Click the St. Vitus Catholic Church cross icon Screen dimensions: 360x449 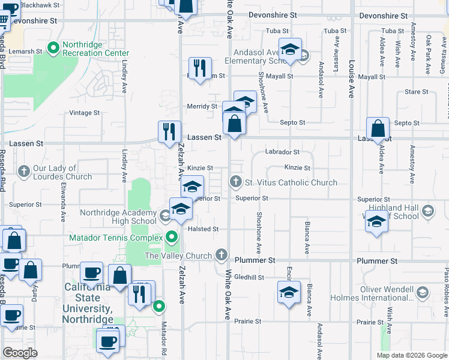coord(236,181)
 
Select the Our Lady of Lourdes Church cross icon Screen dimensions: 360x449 coord(24,172)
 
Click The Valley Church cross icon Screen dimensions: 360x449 coord(222,255)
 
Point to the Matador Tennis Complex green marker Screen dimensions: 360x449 coord(172,237)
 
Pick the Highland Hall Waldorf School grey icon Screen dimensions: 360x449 coord(427,211)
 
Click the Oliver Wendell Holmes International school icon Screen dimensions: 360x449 coord(422,292)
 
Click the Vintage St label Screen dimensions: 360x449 coord(84,113)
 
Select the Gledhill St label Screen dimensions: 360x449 coord(249,277)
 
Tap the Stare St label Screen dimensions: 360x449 coord(417,92)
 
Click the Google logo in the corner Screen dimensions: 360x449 coord(20,353)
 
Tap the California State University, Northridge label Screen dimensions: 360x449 coord(89,298)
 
